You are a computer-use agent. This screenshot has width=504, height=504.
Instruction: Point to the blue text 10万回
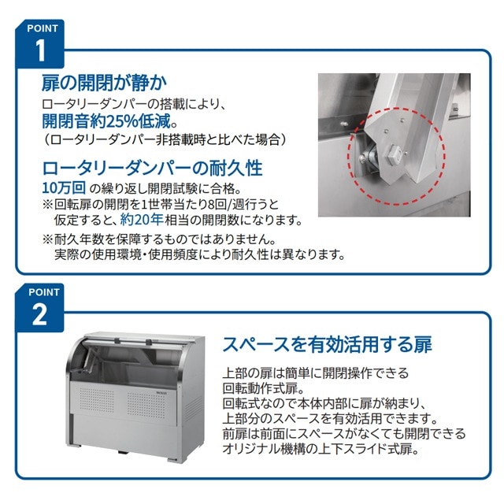(62, 188)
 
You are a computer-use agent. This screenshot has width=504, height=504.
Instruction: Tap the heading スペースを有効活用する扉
(326, 344)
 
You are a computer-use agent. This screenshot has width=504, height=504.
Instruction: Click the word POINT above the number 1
(41, 27)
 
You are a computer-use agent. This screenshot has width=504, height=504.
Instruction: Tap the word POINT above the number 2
(41, 291)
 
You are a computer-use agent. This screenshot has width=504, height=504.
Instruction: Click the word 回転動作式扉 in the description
(268, 387)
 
